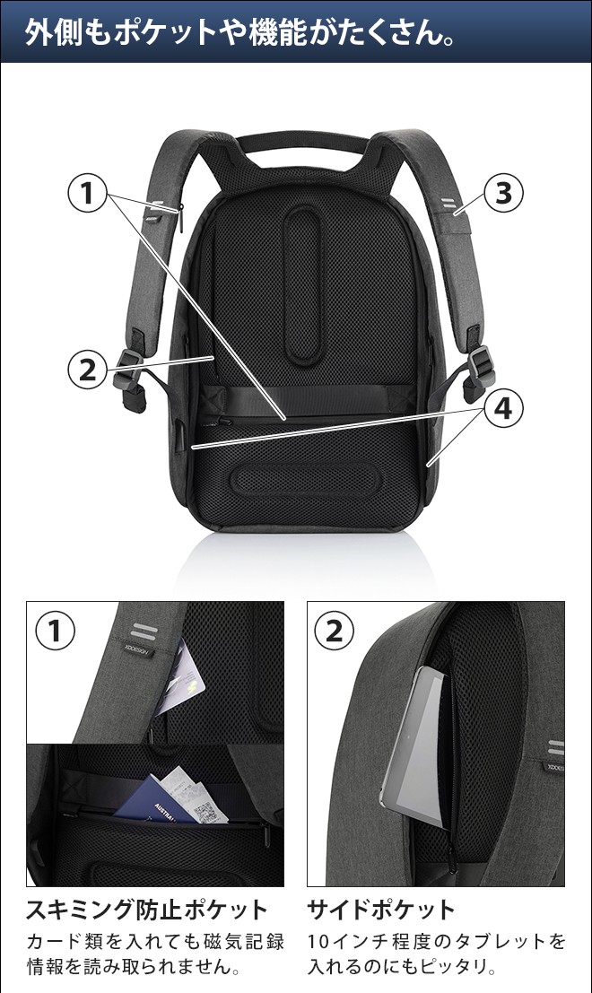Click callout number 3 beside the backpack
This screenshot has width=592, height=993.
coord(503,193)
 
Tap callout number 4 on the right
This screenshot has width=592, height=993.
coord(503,408)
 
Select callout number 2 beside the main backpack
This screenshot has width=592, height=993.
coord(87,370)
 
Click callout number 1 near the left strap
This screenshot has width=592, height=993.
coord(87,193)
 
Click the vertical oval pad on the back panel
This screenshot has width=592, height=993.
coord(302,285)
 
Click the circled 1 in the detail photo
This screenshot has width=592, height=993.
coord(55,631)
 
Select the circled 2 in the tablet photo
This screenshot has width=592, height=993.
coord(335,631)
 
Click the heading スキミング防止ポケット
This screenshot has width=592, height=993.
coord(147,910)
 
